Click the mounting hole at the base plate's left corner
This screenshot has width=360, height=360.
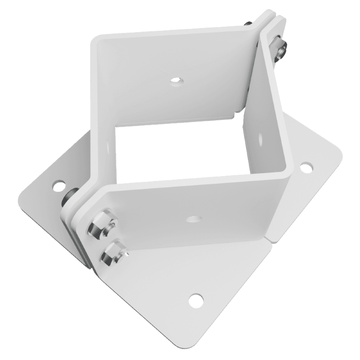coord(58,184)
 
